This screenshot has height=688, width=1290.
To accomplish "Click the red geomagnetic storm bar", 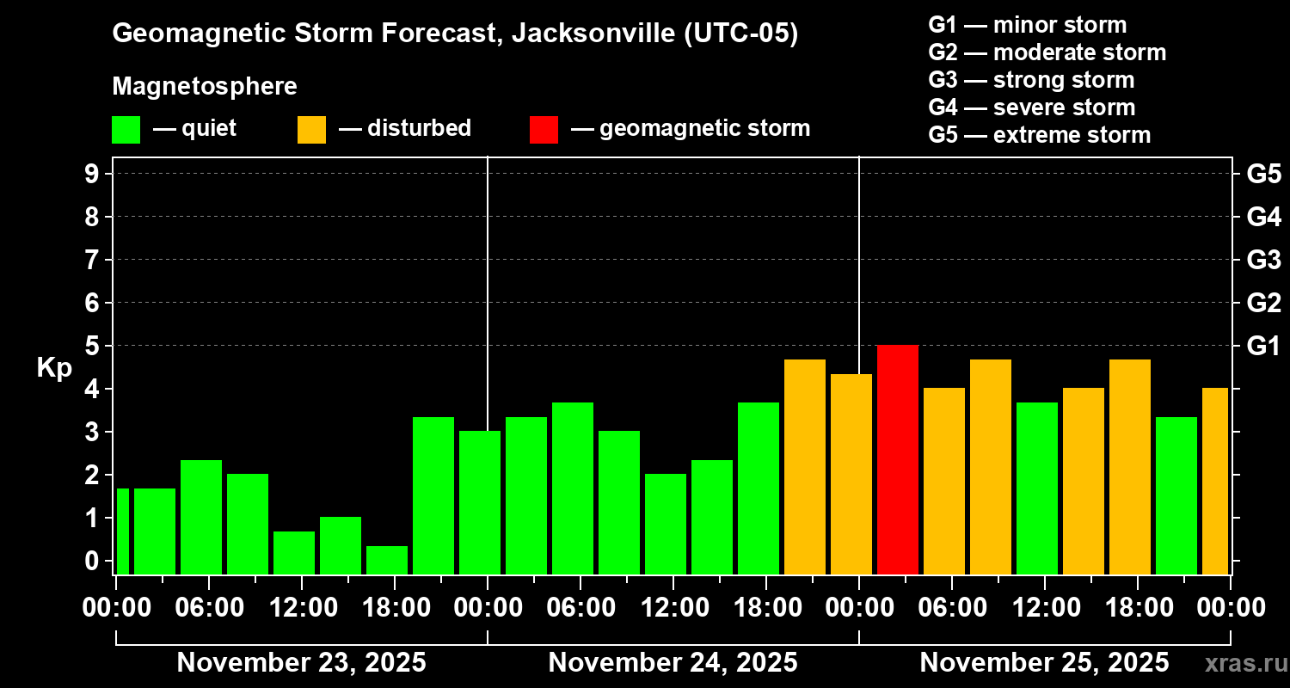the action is coord(897,459).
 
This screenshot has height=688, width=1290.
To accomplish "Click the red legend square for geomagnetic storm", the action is coord(544,129).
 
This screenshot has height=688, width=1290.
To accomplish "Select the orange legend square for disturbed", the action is coord(311,129).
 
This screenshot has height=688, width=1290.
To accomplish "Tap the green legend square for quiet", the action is coord(126,129).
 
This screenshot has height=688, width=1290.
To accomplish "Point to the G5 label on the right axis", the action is coord(1263,174).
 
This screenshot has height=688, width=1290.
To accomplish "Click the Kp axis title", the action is coord(54,368).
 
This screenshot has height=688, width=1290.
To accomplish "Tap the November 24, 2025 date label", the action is coord(673,662).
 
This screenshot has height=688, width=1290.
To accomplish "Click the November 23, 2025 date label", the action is coord(301,662).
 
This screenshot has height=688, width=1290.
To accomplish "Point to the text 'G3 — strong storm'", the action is coord(1031,80).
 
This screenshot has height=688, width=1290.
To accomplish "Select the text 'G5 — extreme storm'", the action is coord(1039,135).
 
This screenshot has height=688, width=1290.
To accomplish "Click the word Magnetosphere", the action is coord(205,87).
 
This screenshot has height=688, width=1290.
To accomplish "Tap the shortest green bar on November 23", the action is coord(387,560).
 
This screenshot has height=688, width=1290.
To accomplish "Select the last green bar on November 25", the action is coord(1176,494).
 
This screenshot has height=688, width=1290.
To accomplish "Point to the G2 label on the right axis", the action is coord(1263,303).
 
